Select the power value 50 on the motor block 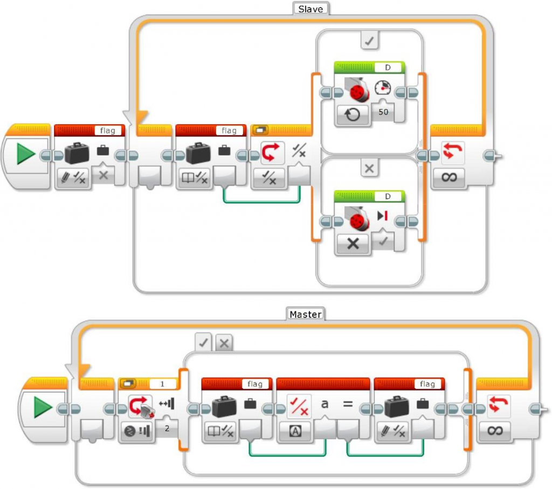click(384, 112)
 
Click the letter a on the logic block click(325, 403)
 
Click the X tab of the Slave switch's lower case click(369, 169)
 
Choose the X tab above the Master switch click(224, 342)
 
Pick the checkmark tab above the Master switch click(204, 342)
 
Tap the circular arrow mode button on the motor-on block click(353, 114)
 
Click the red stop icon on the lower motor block click(383, 216)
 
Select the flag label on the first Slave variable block click(108, 130)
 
